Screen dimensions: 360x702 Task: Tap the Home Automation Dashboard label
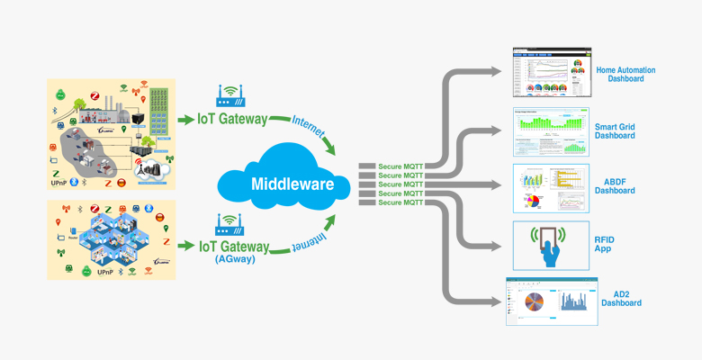click(625, 74)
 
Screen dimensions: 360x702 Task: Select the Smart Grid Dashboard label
click(615, 130)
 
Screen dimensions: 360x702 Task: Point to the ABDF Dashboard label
click(615, 185)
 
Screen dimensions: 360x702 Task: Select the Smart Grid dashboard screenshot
click(546, 131)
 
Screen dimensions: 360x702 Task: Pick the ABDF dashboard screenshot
click(546, 187)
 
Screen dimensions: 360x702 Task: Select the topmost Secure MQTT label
click(401, 166)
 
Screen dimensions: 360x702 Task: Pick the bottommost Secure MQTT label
click(401, 202)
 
